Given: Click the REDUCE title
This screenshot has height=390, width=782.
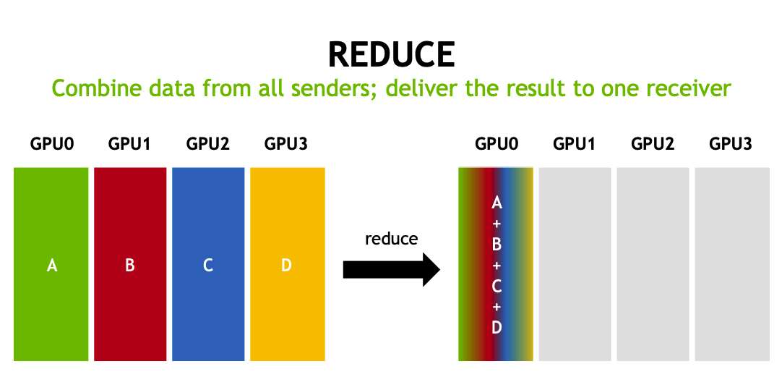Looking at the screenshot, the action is click(x=391, y=54).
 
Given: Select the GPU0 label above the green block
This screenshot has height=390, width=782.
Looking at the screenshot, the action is click(x=51, y=144).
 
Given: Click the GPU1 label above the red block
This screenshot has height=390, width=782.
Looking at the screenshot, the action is click(x=129, y=144).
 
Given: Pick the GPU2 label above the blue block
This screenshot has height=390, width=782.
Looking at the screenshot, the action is click(x=207, y=144).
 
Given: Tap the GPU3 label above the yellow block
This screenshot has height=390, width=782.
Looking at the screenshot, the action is click(x=286, y=144).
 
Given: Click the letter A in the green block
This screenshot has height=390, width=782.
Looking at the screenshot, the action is click(x=51, y=266).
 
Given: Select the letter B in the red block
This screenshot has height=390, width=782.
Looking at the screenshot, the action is click(x=130, y=266).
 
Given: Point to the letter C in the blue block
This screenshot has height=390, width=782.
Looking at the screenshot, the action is click(x=208, y=266).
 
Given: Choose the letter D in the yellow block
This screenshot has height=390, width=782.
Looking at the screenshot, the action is click(x=286, y=266).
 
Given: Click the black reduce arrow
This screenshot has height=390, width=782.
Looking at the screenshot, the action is click(x=391, y=270).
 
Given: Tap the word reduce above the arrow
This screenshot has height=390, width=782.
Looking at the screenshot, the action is click(x=391, y=239).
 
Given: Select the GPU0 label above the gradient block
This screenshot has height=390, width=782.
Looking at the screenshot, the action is click(x=497, y=144).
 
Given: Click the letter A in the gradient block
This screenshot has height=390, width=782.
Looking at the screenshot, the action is click(x=497, y=203).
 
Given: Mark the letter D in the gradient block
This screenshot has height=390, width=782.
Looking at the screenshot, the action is click(x=497, y=327).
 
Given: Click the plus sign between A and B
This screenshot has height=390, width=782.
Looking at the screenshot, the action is click(x=497, y=224).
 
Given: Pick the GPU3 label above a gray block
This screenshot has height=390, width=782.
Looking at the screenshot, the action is click(x=731, y=144).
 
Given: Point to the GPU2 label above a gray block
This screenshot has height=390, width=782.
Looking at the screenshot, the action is click(x=653, y=144).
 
